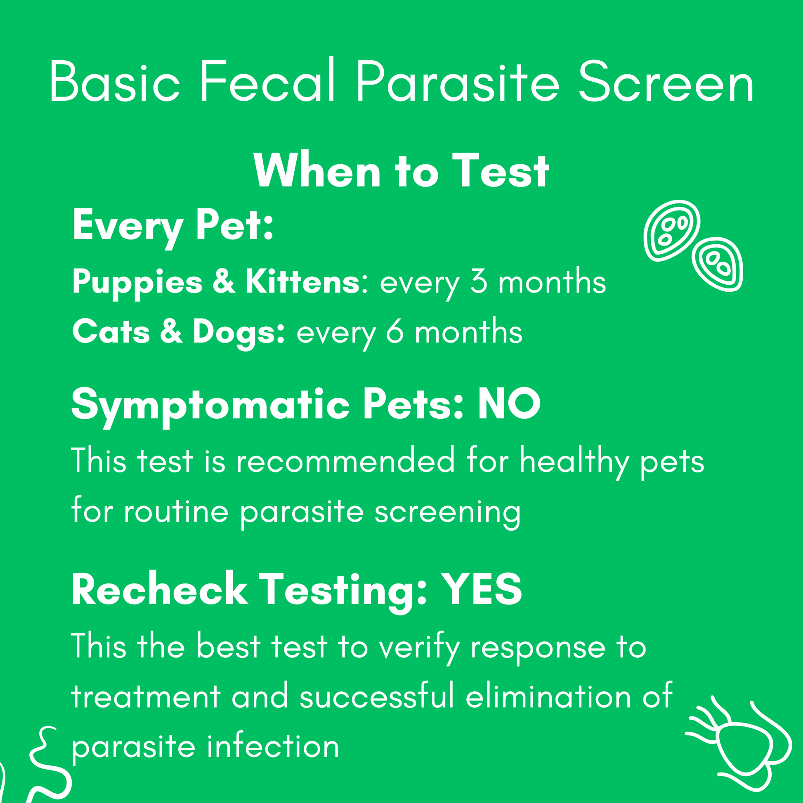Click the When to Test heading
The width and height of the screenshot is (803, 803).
tap(401, 171)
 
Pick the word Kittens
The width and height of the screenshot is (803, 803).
tap(302, 282)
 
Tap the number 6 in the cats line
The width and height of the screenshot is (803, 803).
tap(394, 333)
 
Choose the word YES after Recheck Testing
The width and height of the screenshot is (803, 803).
tap(481, 589)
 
